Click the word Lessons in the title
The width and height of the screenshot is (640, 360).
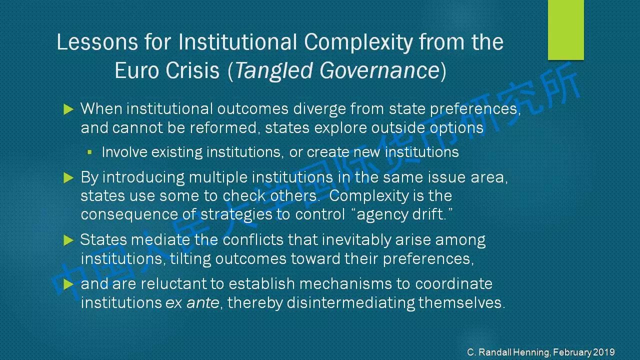[97, 42]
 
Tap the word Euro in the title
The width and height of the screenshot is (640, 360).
[136, 70]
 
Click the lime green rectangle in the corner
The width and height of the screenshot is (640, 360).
[565, 29]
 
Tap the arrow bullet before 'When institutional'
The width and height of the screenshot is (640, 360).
[68, 109]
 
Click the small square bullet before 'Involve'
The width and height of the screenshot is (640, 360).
[89, 152]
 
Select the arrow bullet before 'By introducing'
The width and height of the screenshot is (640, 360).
[68, 177]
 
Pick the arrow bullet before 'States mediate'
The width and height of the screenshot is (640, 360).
[68, 240]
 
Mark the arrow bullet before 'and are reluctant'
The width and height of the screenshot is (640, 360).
[68, 284]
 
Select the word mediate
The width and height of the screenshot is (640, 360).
[160, 239]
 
